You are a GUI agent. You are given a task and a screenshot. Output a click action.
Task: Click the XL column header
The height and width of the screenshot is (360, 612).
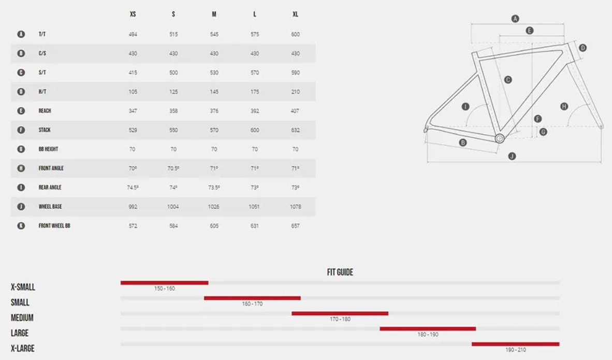(296, 14)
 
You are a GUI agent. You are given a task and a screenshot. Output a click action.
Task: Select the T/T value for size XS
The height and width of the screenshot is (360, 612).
(133, 34)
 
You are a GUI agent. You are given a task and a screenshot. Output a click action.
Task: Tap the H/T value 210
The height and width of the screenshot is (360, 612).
(296, 92)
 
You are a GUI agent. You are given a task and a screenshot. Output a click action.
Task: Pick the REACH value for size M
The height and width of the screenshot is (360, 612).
(214, 111)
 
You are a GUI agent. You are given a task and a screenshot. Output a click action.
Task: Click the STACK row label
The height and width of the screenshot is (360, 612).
(45, 130)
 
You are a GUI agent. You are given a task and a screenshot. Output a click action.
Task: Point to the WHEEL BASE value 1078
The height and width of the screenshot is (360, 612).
(296, 207)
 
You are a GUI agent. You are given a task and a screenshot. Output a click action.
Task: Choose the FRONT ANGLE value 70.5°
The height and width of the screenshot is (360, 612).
(173, 168)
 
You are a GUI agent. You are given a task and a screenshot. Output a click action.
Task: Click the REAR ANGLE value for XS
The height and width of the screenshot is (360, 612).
(133, 188)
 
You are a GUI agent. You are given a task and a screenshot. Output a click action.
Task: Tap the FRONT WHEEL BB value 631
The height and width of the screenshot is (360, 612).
(254, 226)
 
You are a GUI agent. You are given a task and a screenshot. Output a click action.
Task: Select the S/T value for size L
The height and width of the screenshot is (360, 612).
(255, 73)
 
